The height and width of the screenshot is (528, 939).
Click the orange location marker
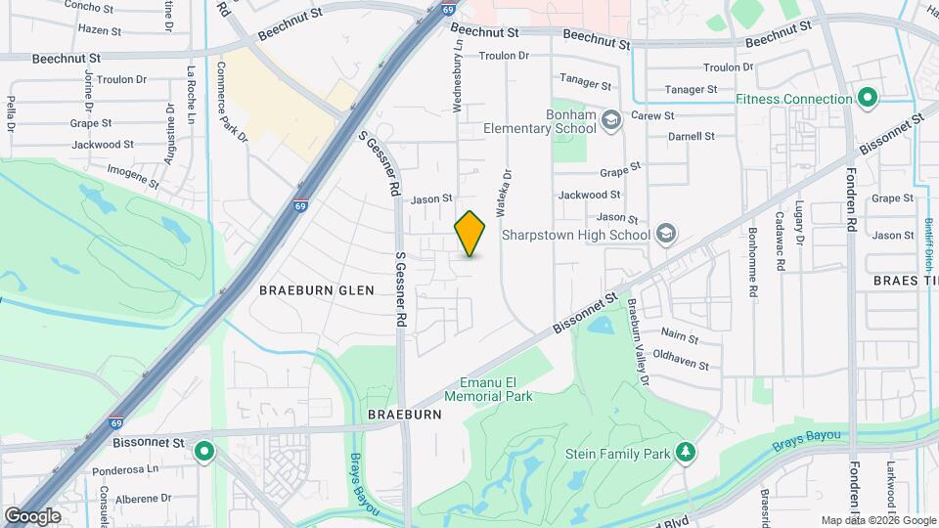[x=470, y=234]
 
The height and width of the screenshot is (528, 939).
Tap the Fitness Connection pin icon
[x=867, y=98]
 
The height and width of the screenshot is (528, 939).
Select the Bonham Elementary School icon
[x=611, y=120]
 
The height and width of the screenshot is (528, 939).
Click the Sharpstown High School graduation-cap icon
[x=666, y=234]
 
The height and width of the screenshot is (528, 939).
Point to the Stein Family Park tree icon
[x=686, y=452]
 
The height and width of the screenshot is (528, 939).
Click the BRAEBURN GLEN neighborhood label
[x=302, y=290]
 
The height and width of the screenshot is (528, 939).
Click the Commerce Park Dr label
[x=233, y=102]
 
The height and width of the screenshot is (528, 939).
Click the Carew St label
[x=653, y=115]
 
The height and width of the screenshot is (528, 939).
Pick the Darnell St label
[x=693, y=136]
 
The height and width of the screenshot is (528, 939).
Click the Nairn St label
[x=679, y=338]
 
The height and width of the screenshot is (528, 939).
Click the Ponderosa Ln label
[x=125, y=469]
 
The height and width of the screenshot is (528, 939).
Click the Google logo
[x=33, y=515]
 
